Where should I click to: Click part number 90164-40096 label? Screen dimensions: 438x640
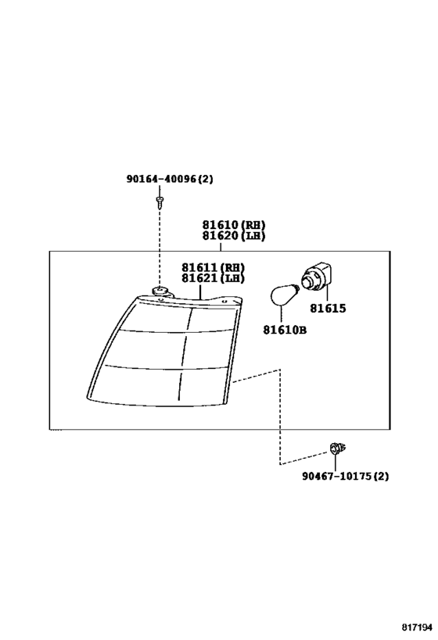point(170,179)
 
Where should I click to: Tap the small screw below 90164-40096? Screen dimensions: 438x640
point(159,202)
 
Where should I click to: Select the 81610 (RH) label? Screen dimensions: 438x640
point(234,225)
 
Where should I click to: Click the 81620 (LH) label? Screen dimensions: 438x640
point(234,235)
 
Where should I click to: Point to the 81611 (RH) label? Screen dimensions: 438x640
point(213,268)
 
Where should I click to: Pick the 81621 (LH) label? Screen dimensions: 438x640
point(213,278)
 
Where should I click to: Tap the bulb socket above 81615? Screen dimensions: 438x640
point(317,277)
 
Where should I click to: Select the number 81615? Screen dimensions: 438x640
point(327,309)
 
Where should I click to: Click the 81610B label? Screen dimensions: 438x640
point(285,330)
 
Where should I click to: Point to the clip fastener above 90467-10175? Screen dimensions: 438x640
point(337,449)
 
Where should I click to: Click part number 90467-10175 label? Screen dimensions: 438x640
point(345,476)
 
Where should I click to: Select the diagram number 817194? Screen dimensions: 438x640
point(416,627)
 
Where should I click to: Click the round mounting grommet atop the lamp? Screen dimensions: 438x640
point(160,291)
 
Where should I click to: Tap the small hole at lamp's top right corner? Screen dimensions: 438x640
point(224,302)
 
